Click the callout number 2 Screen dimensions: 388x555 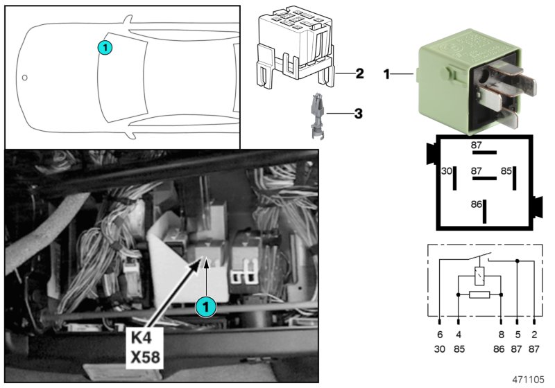point(359,73)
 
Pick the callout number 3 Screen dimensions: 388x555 point(358,112)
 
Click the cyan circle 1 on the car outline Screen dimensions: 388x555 point(104,47)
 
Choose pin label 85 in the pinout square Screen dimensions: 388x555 point(507,170)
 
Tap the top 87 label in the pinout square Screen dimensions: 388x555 point(477,145)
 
